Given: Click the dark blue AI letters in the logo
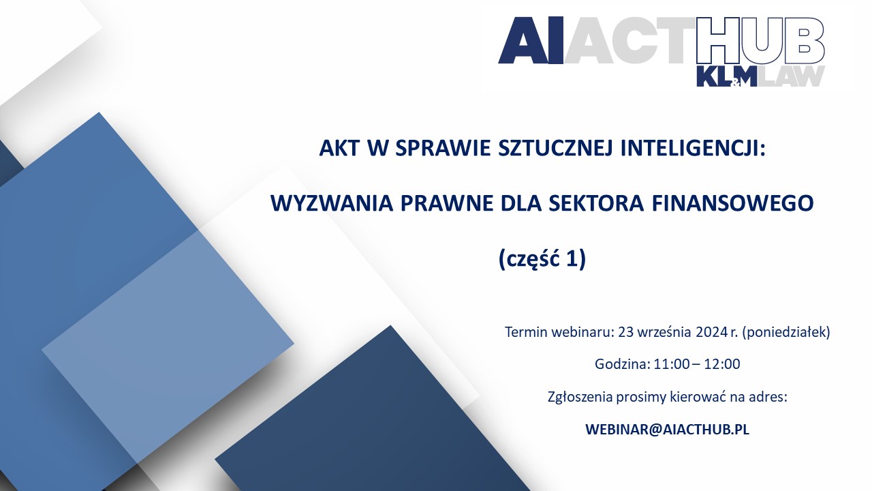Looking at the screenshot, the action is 531,40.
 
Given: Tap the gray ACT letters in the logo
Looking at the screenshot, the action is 630,40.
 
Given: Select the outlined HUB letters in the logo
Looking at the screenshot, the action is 760,40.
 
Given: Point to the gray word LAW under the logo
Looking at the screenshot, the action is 792,76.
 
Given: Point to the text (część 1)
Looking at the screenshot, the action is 542,259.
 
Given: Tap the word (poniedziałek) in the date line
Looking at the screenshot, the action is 786,332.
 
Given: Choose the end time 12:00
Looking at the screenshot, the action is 722,364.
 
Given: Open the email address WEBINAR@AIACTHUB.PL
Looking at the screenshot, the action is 667,430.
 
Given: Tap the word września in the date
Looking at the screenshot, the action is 664,332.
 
